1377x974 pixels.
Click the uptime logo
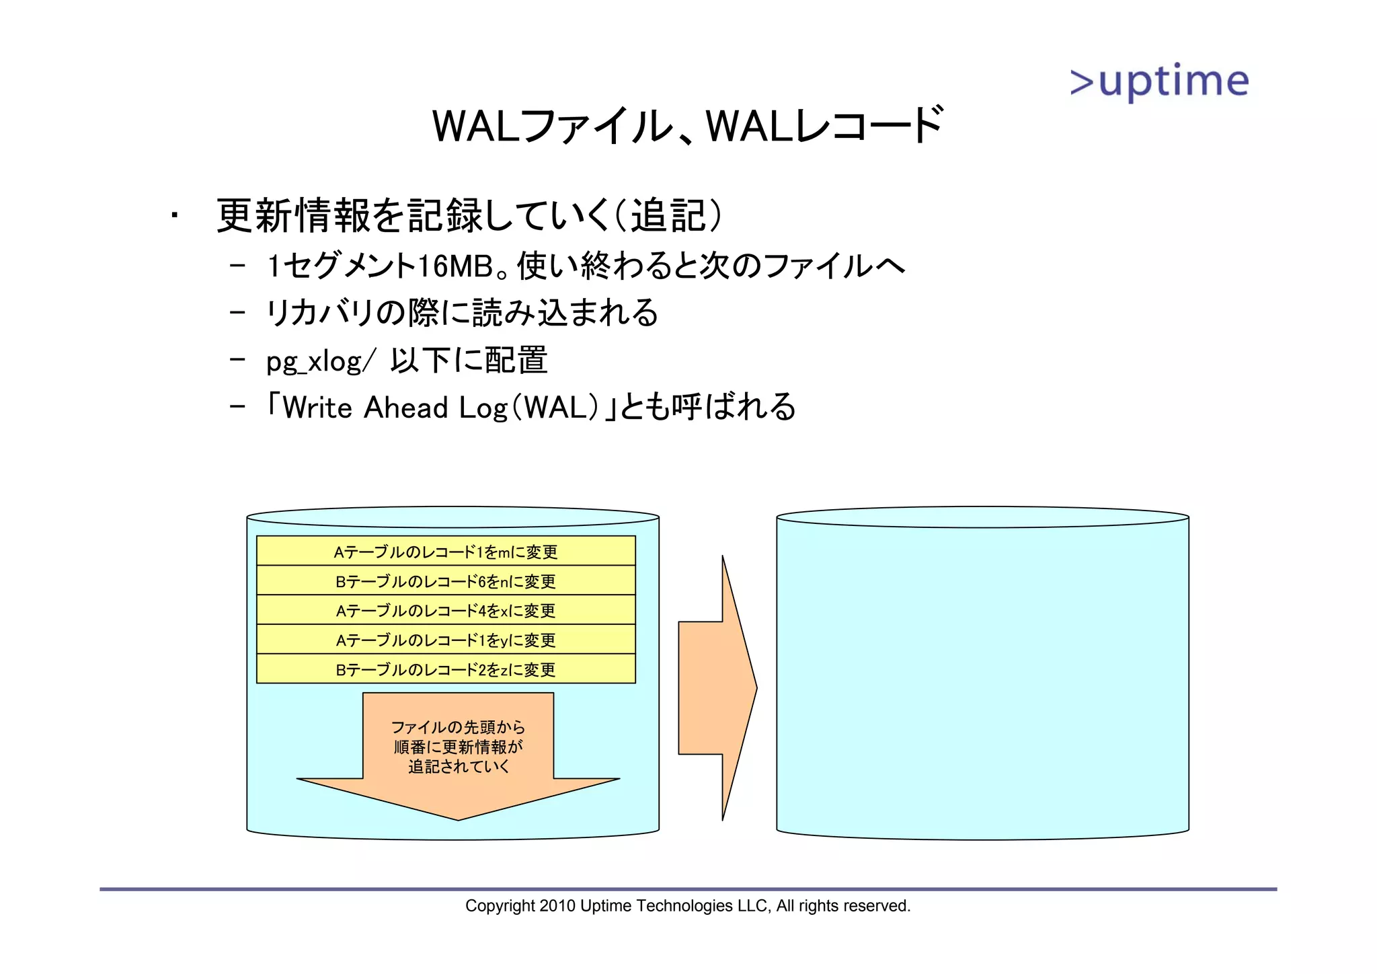click(x=1159, y=82)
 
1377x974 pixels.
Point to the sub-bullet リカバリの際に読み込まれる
click(x=462, y=313)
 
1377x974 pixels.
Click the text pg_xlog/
click(x=317, y=362)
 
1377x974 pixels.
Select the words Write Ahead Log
click(x=395, y=408)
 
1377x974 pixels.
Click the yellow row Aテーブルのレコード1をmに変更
click(x=446, y=551)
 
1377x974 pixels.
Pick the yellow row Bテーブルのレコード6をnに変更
click(x=446, y=580)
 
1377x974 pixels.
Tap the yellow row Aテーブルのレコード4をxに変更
click(x=446, y=610)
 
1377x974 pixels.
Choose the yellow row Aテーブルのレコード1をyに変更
click(x=446, y=640)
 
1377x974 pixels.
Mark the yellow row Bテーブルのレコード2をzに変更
click(x=446, y=669)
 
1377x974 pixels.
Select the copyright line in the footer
click(x=687, y=906)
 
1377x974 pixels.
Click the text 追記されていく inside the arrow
click(x=459, y=767)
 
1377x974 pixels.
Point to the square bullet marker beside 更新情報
click(x=174, y=216)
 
